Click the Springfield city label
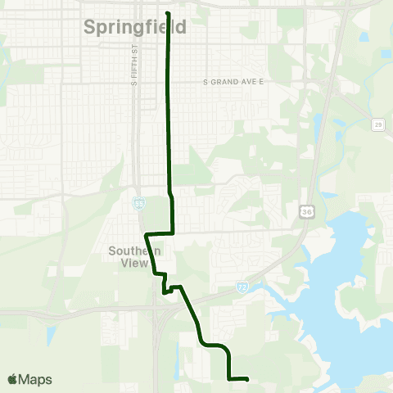(x=135, y=27)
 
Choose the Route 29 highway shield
(x=377, y=124)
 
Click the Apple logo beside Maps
(x=12, y=380)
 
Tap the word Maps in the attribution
(x=35, y=380)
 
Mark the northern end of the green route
(x=168, y=14)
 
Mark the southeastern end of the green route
(x=247, y=378)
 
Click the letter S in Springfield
(x=89, y=27)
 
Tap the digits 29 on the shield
(x=377, y=124)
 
